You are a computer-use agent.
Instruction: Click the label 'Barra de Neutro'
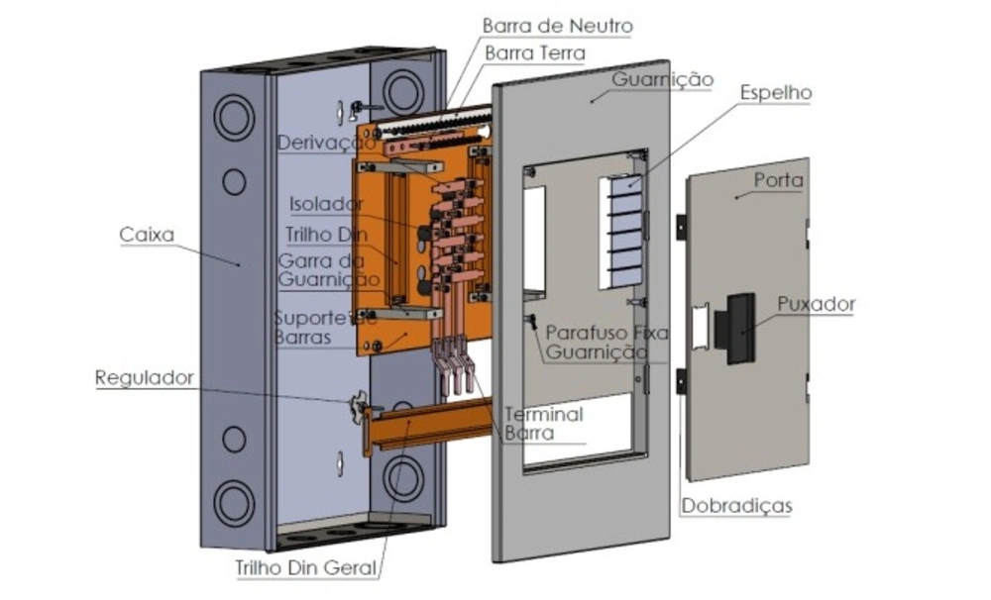pyautogui.click(x=557, y=25)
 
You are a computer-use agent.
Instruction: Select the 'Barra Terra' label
pyautogui.click(x=535, y=52)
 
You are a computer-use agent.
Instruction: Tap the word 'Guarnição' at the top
pyautogui.click(x=662, y=79)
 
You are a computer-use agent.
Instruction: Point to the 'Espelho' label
pyautogui.click(x=775, y=93)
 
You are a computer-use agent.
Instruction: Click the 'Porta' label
pyautogui.click(x=778, y=181)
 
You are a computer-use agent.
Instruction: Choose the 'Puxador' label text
pyautogui.click(x=816, y=304)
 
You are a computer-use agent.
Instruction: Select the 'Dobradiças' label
pyautogui.click(x=736, y=506)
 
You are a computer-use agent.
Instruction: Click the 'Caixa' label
pyautogui.click(x=147, y=235)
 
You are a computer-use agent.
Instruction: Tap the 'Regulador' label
pyautogui.click(x=145, y=377)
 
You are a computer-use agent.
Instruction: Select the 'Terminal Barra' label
pyautogui.click(x=543, y=423)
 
